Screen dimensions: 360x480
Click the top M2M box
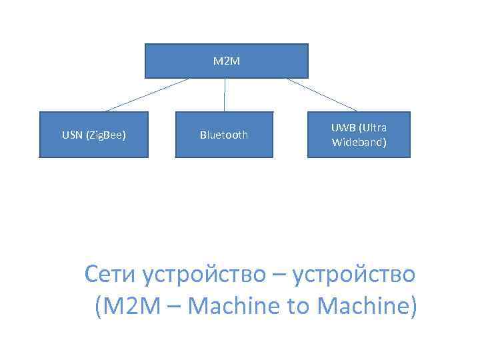[227, 61]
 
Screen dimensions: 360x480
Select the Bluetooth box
[224, 135]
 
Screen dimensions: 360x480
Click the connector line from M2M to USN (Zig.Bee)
[147, 95]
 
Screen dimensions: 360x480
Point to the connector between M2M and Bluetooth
[225, 95]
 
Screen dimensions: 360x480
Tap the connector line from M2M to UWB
[322, 95]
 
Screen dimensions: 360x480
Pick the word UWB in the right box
[343, 128]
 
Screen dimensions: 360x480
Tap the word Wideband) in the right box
[359, 142]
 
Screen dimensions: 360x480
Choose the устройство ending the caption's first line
[354, 275]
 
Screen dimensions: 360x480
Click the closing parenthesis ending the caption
[413, 307]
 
